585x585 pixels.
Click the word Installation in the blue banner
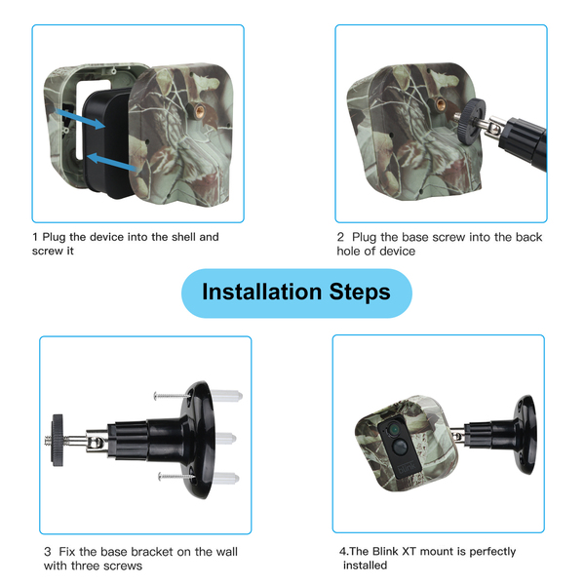coord(261,292)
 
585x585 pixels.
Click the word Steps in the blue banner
coord(360,292)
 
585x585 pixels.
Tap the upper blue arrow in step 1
coord(80,118)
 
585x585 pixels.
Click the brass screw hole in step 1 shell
coord(200,110)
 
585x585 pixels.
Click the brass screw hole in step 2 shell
coord(441,104)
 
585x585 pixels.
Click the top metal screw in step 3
coord(172,396)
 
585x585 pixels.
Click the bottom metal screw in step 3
coord(176,476)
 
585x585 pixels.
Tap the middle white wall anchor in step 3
coord(225,438)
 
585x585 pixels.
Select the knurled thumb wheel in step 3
coord(58,440)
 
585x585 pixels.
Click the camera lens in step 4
coord(393,430)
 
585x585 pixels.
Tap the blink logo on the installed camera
coord(407,468)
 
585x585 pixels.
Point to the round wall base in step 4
coord(526,435)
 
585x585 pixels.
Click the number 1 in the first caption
coord(35,237)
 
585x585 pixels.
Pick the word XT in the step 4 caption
coord(409,551)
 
